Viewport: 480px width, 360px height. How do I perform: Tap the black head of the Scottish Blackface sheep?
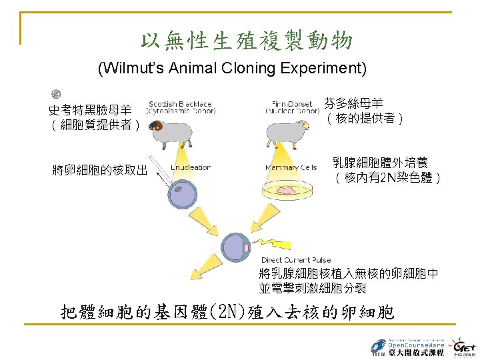coord(158,125)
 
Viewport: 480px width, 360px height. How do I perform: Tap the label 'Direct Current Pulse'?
coord(296,260)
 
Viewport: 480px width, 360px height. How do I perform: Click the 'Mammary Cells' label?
coord(291,167)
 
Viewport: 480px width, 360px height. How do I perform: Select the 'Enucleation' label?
coord(191,167)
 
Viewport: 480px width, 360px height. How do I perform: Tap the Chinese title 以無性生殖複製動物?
coord(247,41)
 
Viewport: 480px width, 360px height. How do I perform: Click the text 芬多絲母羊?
coord(353,103)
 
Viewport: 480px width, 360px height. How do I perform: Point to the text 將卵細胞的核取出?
coord(100,171)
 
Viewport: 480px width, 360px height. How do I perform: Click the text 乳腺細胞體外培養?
coord(381,163)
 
